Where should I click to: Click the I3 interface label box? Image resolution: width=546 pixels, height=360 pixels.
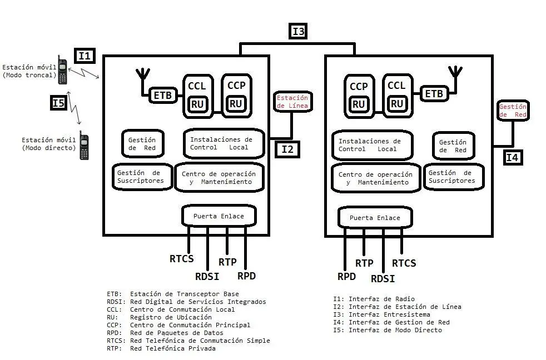(299, 32)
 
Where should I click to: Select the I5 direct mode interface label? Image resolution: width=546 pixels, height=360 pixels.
(59, 103)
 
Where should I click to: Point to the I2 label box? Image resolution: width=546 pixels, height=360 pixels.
(287, 149)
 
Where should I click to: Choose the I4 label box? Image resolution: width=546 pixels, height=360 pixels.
(512, 158)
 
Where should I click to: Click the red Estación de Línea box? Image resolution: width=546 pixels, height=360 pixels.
(292, 102)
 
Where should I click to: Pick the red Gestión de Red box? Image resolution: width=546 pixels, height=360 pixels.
(513, 111)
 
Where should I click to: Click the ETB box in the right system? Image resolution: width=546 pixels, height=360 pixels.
(434, 94)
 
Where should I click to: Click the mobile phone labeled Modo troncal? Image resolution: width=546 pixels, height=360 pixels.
(63, 70)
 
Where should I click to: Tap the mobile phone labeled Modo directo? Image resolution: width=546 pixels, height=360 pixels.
(84, 146)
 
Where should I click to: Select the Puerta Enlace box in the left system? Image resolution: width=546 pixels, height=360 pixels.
(219, 216)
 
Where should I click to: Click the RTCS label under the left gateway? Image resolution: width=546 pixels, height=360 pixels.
(182, 258)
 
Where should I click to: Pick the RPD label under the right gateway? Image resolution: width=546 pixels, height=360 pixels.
(346, 276)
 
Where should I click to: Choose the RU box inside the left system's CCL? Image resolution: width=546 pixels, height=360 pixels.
(197, 104)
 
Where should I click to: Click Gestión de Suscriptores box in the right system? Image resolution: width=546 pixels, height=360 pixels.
(453, 177)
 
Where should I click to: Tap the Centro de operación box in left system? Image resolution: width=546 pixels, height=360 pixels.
(219, 178)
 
